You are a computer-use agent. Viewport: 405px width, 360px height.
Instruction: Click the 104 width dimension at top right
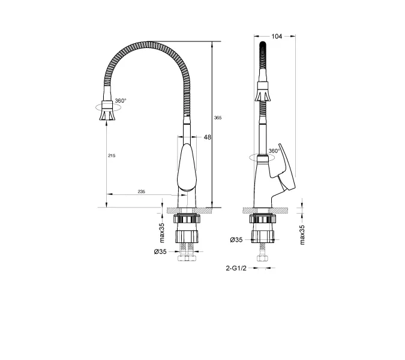277,37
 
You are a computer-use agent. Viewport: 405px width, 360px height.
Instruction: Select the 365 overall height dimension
218,118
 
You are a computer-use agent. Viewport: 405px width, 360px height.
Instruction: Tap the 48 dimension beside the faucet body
208,137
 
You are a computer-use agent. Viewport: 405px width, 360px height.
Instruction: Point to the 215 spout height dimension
111,155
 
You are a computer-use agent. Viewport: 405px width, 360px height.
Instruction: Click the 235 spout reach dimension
141,191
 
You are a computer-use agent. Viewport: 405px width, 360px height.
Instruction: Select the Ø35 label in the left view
160,251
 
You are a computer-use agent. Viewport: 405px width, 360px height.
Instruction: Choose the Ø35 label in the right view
236,240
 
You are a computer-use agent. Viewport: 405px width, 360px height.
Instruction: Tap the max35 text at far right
302,235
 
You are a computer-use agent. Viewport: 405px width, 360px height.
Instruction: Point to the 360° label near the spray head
120,101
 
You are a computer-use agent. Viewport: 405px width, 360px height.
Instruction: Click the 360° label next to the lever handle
274,151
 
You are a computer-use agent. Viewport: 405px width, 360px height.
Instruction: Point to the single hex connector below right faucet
262,259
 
